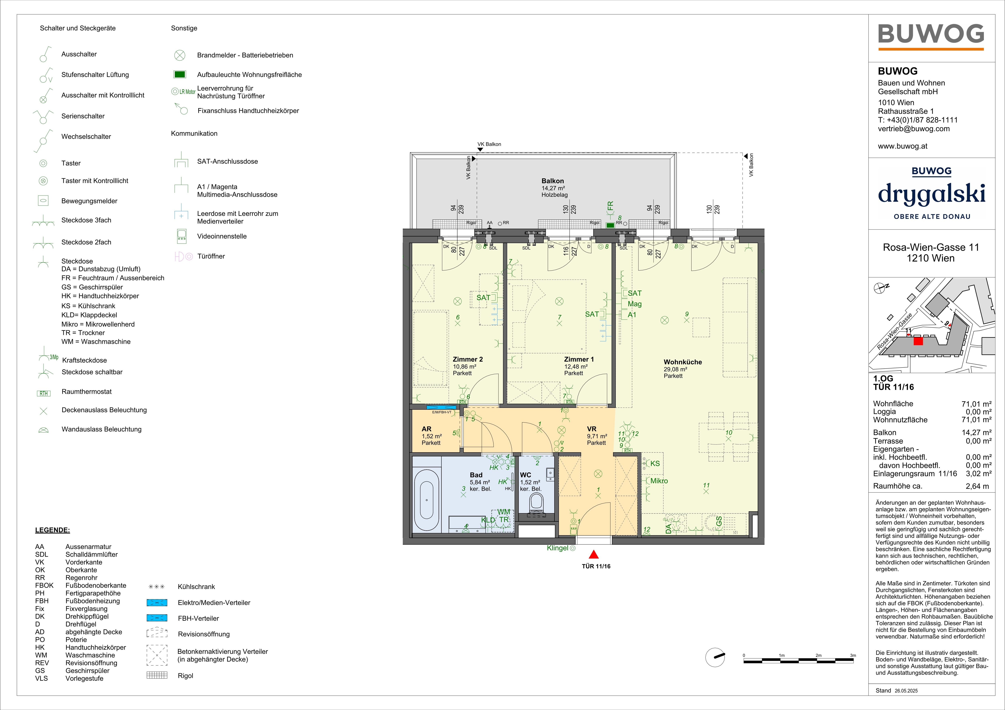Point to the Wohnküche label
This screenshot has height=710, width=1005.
coord(683,362)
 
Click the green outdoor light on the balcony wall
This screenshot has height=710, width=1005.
coord(610,225)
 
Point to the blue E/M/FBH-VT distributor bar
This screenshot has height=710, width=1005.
coord(441,407)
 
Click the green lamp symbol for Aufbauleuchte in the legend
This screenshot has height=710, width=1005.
coord(179,74)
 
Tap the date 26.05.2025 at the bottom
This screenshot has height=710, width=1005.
coord(906,691)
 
